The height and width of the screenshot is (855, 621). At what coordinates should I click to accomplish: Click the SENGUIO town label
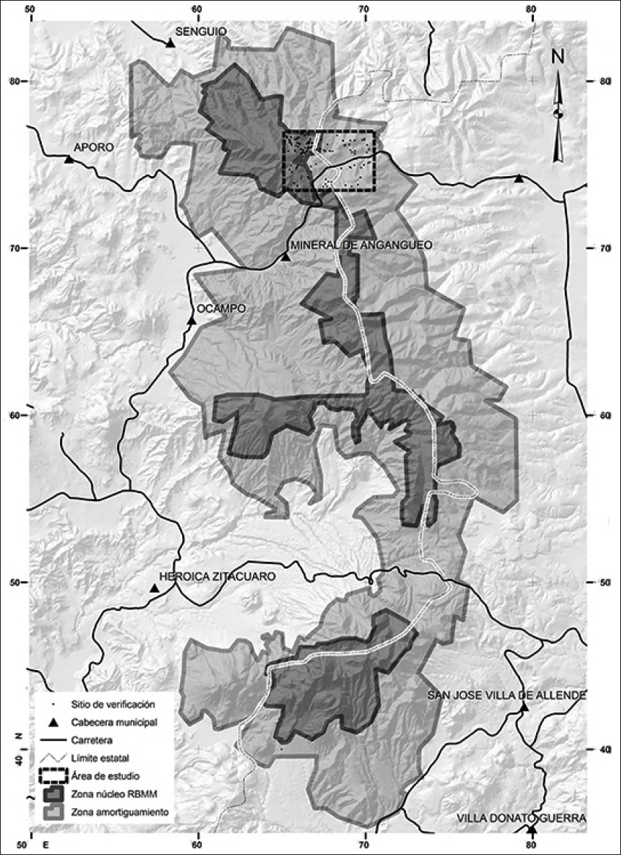tap(201, 31)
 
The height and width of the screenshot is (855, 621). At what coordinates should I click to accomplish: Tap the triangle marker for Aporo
tap(69, 159)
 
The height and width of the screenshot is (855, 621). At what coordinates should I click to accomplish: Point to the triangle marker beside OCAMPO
tap(192, 320)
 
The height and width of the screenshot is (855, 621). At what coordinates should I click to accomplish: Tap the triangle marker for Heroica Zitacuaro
tap(154, 588)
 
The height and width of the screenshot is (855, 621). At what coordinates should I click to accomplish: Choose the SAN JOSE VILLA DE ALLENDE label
tap(506, 694)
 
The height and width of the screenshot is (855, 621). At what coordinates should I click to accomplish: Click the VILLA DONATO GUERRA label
tap(522, 818)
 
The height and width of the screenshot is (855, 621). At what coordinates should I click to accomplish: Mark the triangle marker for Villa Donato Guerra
tap(532, 830)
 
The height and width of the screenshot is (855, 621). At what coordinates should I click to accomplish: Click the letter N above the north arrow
tap(558, 56)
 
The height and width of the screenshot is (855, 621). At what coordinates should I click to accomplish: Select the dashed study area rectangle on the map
tap(328, 161)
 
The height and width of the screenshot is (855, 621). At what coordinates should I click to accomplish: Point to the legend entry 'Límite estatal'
tap(100, 757)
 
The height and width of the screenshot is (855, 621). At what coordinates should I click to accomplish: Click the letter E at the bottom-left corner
tap(45, 845)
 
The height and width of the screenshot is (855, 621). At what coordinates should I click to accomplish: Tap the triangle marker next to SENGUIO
tap(170, 44)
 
